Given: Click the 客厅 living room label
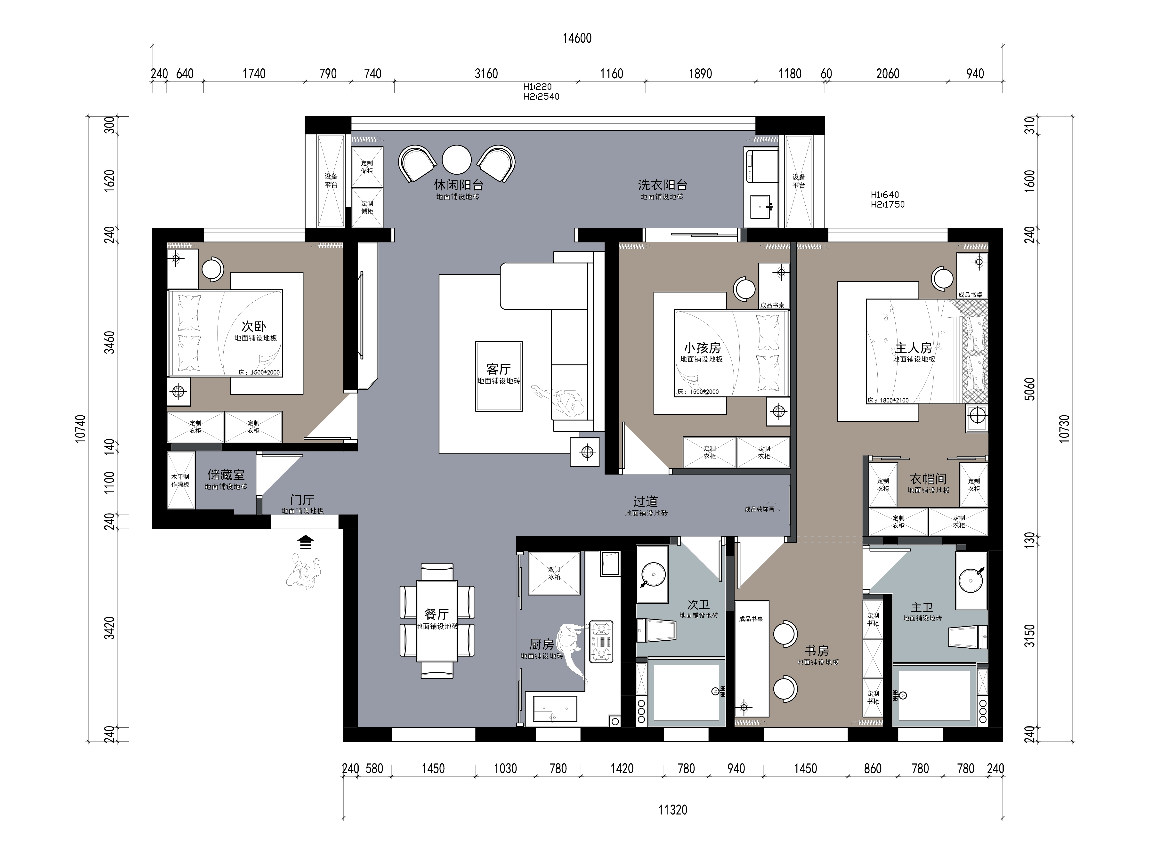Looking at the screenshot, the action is [498, 369].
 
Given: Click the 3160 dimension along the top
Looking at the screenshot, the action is [486, 74].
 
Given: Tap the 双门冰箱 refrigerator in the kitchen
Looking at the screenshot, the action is [554, 573].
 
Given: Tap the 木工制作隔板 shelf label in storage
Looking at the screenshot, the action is [180, 480].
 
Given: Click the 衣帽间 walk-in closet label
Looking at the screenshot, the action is [928, 479].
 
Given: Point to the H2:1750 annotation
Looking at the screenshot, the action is [888, 204].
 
